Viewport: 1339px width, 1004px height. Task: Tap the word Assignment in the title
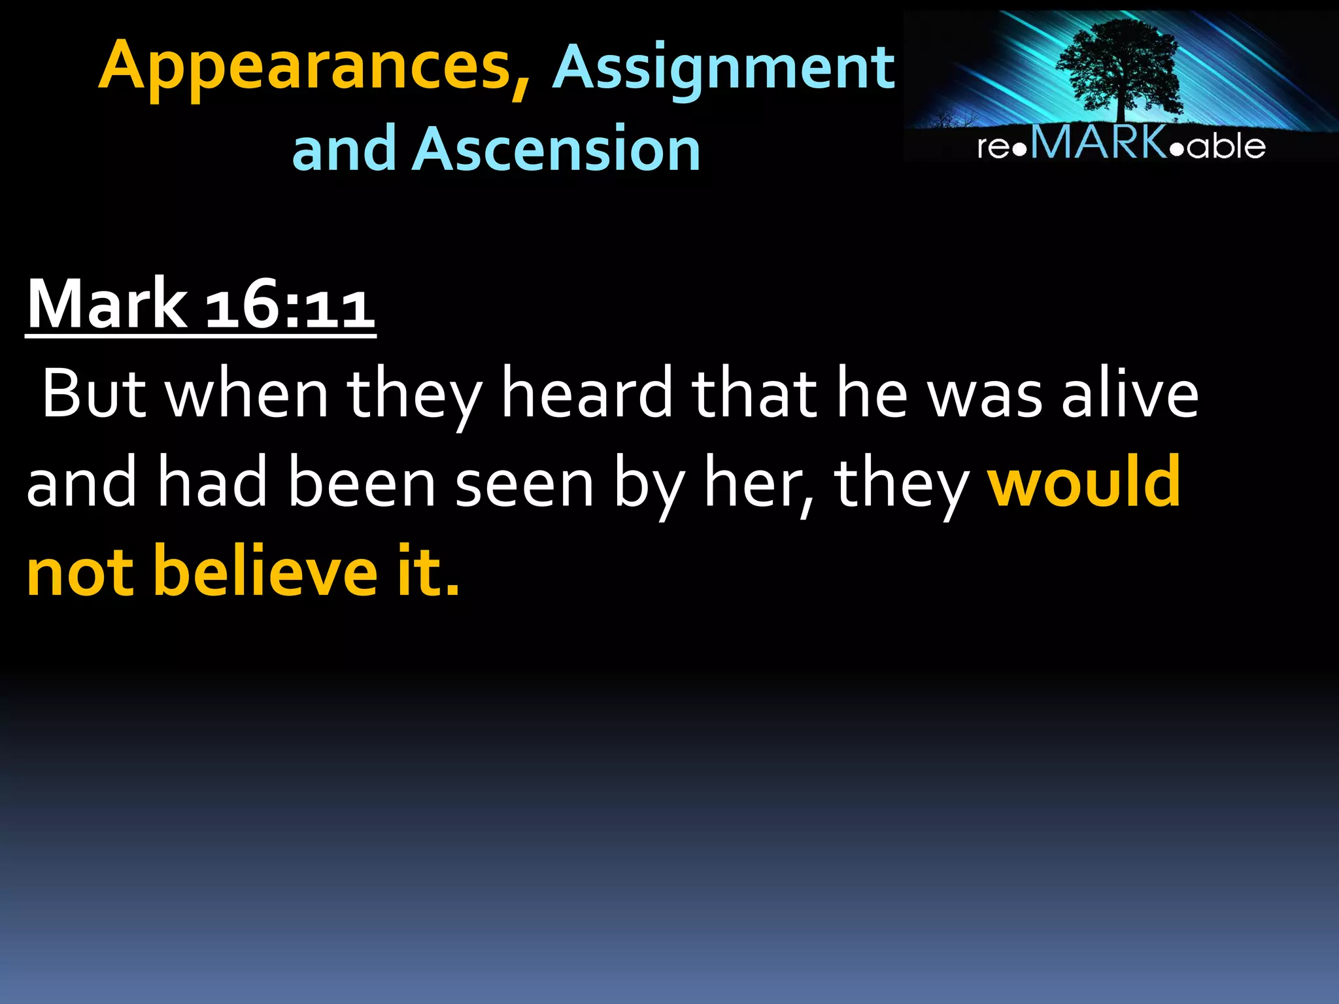[x=723, y=68]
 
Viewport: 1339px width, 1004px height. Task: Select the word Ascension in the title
[x=556, y=149]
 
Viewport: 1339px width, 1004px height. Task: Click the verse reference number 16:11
[x=290, y=305]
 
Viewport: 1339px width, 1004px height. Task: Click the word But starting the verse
[x=93, y=393]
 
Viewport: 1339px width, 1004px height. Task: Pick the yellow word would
[x=1084, y=482]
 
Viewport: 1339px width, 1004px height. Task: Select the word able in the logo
[x=1227, y=145]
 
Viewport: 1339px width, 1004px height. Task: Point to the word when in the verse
[x=247, y=393]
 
